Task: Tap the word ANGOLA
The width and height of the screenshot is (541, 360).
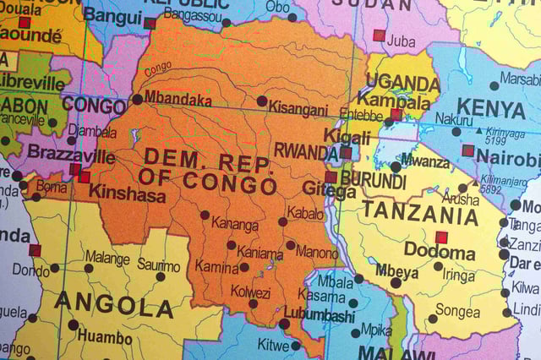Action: click(x=114, y=304)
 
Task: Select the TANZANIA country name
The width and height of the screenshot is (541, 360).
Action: click(x=420, y=213)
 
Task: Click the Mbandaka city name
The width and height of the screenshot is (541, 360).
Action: click(x=178, y=100)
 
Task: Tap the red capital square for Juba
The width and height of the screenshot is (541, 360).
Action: click(x=380, y=35)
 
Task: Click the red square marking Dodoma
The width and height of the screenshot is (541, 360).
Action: click(x=440, y=237)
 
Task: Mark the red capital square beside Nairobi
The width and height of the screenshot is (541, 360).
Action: click(x=467, y=150)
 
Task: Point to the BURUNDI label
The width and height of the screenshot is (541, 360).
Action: click(x=374, y=181)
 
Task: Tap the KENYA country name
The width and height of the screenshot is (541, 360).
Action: click(x=491, y=109)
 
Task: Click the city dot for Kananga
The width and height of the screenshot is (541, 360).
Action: click(x=205, y=215)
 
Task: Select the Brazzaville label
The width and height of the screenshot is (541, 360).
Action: click(x=71, y=154)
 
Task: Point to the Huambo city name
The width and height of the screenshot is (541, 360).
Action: click(x=104, y=336)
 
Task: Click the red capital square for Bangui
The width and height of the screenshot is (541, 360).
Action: click(x=150, y=23)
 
